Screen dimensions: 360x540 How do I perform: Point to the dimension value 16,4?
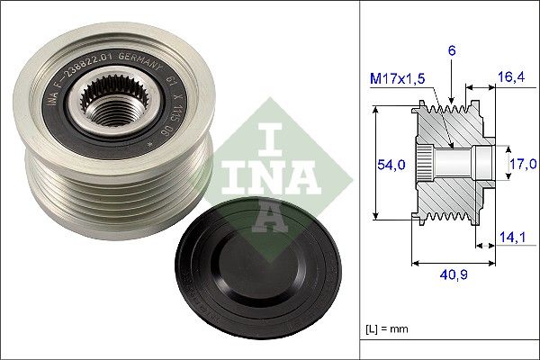click(510, 79)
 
